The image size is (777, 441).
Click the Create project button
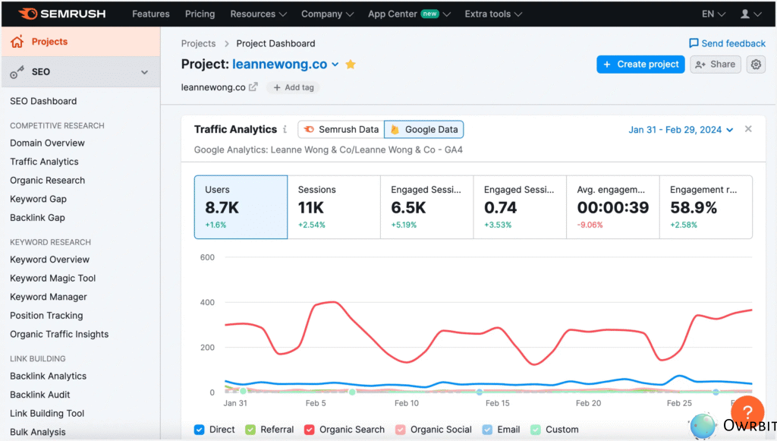coord(640,65)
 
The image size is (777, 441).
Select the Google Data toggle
coord(423,130)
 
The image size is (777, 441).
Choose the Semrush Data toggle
coord(341,130)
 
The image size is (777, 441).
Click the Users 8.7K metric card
coord(241,207)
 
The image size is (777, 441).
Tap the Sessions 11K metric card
coord(333,207)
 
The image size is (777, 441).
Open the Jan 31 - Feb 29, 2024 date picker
coord(681,130)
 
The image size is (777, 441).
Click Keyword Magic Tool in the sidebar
coord(52,278)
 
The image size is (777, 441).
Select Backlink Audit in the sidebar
coord(39,395)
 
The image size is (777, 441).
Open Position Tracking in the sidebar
coord(46,315)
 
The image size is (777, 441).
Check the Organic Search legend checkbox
coord(310,430)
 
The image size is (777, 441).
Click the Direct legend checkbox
coord(200,430)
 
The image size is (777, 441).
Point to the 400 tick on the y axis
coord(207,302)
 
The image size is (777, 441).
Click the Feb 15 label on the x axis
coord(497,404)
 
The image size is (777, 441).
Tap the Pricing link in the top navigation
coord(200,14)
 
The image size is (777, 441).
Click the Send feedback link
coord(727,43)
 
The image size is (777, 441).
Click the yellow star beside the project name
coord(351,65)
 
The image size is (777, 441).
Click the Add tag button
coord(293,87)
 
